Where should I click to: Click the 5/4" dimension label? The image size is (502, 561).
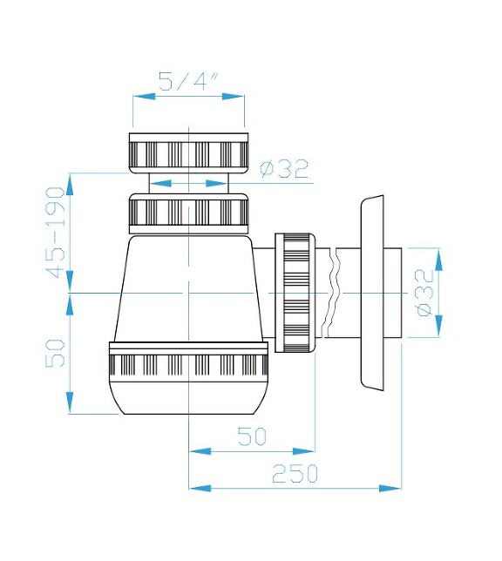188,83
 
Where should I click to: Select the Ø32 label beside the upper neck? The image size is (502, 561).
285,169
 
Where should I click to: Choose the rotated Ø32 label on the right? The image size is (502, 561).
424,294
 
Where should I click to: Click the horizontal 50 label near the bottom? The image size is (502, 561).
251,436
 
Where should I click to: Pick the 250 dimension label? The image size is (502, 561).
295,474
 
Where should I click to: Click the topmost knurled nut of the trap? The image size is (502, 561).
189,152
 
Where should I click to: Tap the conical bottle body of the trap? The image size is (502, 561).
187,287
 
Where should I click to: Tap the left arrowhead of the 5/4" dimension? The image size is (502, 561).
138,98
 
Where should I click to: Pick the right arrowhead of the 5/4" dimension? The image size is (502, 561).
240,98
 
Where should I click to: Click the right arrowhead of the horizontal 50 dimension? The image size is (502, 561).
309,451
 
